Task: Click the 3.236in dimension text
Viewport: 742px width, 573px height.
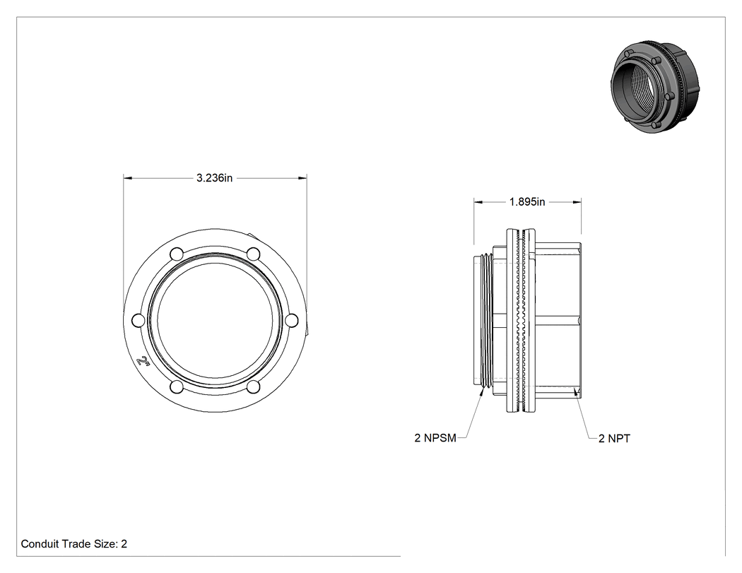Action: coord(214,178)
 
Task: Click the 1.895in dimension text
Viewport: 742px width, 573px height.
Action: coord(527,202)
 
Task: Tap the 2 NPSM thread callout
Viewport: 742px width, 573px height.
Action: coord(435,438)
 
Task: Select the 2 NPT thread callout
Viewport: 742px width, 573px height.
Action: coord(614,439)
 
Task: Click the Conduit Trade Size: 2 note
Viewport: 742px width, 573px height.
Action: coord(73,543)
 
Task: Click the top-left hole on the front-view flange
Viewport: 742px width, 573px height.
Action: coord(177,254)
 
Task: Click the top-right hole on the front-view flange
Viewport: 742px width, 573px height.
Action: coord(254,254)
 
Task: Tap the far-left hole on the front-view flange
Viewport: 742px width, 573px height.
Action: coord(138,320)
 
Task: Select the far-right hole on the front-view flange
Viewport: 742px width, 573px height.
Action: coord(293,320)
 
